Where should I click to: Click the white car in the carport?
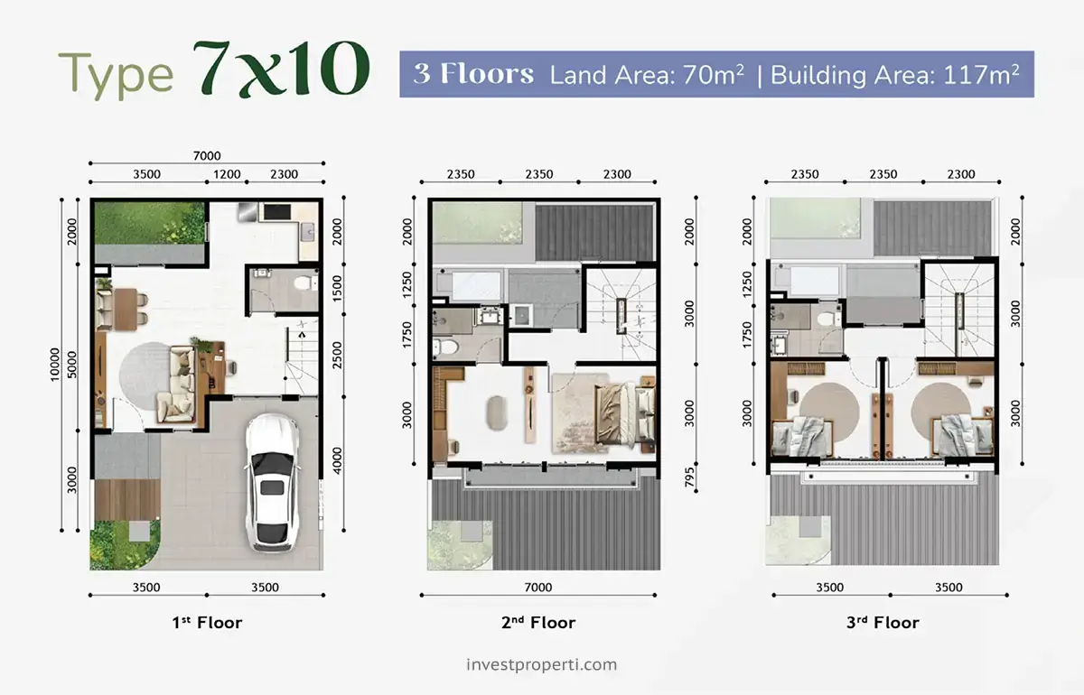point(272,482)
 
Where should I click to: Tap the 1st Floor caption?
point(207,622)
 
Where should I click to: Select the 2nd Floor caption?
point(538,622)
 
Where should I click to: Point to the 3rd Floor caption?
point(883,622)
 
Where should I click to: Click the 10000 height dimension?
point(55,364)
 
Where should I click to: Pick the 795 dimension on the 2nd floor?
point(689,477)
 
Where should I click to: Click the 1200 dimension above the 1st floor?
point(227,174)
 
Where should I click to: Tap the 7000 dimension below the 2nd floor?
point(538,588)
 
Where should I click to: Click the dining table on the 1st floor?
point(126,309)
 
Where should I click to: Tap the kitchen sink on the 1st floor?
point(308,232)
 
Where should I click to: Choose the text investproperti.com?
point(541,664)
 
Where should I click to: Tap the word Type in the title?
point(116,74)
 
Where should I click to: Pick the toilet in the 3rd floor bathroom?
point(830,319)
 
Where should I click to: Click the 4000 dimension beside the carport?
point(337,460)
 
